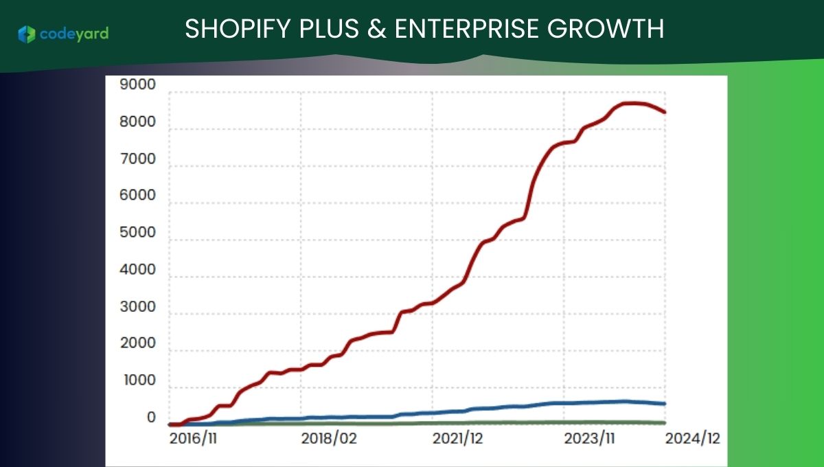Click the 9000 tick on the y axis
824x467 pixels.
[x=137, y=84]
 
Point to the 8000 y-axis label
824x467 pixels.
[x=137, y=122]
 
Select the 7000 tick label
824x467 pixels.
[x=137, y=159]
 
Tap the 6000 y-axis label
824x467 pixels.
[x=137, y=195]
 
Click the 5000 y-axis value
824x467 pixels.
[x=137, y=232]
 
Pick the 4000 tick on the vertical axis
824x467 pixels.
[x=137, y=270]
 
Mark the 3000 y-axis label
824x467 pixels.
[x=137, y=306]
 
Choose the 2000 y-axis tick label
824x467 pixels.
[x=137, y=343]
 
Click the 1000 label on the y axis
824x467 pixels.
[x=140, y=380]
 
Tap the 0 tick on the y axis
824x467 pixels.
[x=151, y=418]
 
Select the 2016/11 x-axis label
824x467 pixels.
[x=193, y=439]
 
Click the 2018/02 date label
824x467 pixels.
[x=329, y=439]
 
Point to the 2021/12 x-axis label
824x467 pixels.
[x=457, y=439]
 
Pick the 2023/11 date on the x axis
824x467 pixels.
[x=589, y=439]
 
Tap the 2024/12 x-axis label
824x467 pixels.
[x=692, y=439]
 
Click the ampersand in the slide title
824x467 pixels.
[x=377, y=29]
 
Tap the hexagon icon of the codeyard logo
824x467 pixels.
[x=27, y=34]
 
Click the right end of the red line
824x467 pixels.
[x=665, y=112]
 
